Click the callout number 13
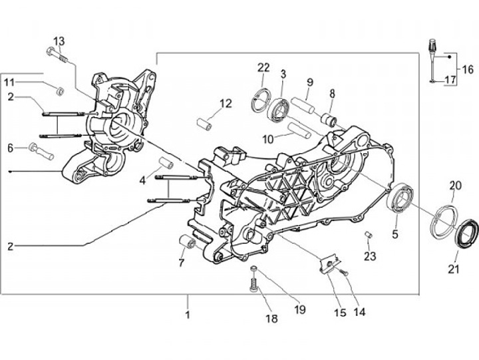click(59, 41)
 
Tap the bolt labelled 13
click(57, 55)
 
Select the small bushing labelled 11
click(61, 91)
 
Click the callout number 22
click(263, 67)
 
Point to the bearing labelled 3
click(278, 108)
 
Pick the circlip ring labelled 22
click(261, 100)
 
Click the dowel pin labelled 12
click(205, 124)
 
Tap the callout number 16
click(468, 70)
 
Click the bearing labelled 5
click(400, 198)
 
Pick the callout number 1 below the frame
click(188, 314)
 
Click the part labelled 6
click(41, 151)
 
